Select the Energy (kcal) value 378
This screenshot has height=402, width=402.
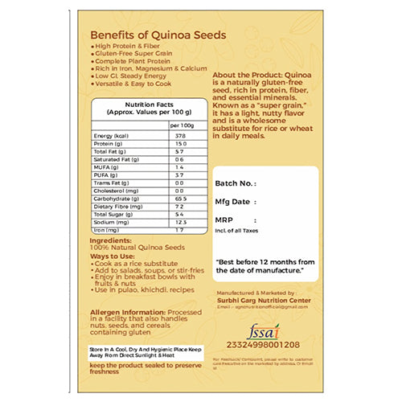click(180, 136)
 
